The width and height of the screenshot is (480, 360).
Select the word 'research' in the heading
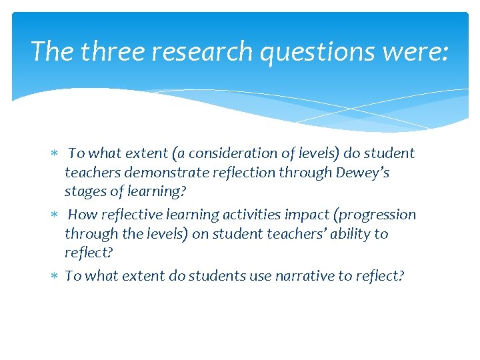coord(193,51)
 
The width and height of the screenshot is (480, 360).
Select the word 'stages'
coord(85,192)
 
